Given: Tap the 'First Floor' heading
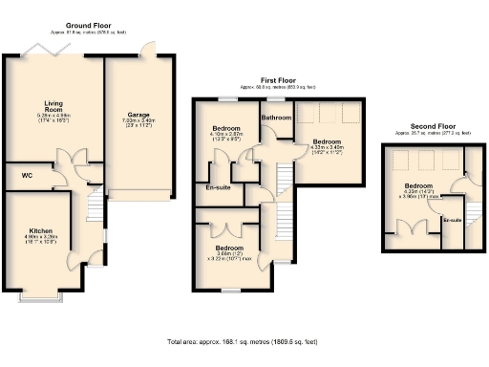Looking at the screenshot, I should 277,80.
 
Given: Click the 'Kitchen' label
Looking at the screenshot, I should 40,231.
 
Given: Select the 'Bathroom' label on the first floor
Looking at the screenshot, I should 276,118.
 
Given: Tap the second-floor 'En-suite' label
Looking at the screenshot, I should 451,221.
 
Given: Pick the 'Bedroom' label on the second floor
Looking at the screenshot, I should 418,185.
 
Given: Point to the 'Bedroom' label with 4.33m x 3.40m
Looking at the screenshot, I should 325,142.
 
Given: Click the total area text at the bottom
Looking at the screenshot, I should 244,340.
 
